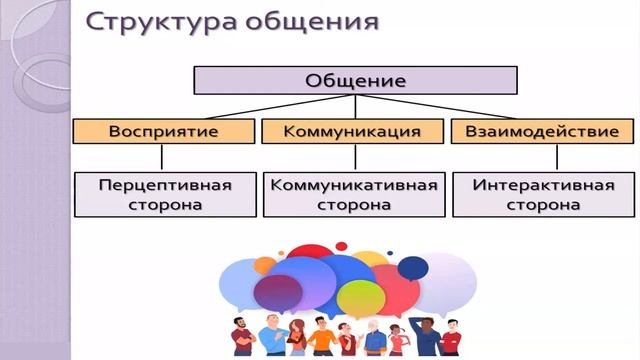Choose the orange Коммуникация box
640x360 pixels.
pyautogui.click(x=351, y=131)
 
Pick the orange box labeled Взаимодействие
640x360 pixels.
pyautogui.click(x=542, y=131)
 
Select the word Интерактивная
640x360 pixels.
pyautogui.click(x=542, y=185)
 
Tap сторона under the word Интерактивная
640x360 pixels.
pyautogui.click(x=542, y=205)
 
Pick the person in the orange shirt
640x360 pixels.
pyautogui.click(x=321, y=338)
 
